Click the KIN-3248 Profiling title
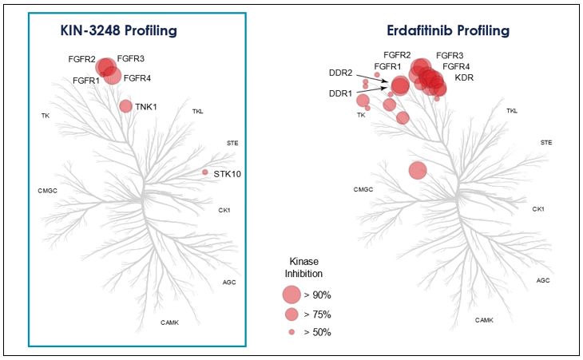click(118, 30)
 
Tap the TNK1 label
click(146, 106)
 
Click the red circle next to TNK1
click(125, 106)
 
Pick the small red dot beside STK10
click(205, 172)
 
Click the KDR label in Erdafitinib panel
click(464, 78)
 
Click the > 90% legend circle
click(292, 295)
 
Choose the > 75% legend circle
click(292, 315)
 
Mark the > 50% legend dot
click(292, 331)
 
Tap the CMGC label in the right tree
click(363, 189)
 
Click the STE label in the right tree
click(546, 142)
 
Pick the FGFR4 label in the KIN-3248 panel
click(137, 78)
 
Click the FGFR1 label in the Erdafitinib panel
click(387, 66)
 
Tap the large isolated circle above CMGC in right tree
click(417, 170)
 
